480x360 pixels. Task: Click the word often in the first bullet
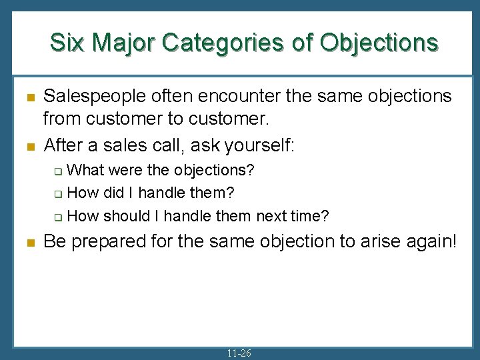[x=175, y=97]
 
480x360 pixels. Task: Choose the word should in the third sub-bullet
[x=127, y=215]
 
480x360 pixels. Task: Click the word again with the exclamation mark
[x=431, y=241]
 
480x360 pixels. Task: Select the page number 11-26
[x=239, y=353]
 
